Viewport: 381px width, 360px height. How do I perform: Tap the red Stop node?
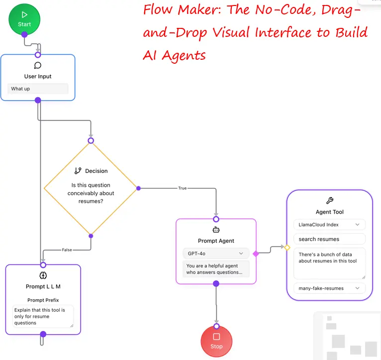click(x=216, y=341)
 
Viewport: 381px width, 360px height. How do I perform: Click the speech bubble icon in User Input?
click(x=38, y=65)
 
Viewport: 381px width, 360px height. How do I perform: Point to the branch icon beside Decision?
click(x=78, y=171)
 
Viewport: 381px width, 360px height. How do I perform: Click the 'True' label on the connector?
click(x=182, y=188)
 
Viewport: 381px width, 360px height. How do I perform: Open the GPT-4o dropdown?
click(x=215, y=253)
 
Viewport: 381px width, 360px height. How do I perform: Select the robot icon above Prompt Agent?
click(x=216, y=230)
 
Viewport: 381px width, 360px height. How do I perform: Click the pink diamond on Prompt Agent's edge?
click(x=256, y=253)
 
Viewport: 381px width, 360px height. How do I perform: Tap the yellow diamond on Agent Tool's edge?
click(x=287, y=247)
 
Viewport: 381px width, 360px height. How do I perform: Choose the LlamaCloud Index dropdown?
click(x=329, y=225)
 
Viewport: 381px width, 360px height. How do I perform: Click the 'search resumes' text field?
click(x=329, y=239)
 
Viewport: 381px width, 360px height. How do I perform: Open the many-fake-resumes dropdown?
click(x=329, y=288)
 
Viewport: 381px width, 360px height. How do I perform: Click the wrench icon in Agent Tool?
click(x=329, y=201)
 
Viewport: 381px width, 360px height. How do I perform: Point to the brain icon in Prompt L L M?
click(x=43, y=275)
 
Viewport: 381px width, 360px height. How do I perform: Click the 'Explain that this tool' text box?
click(x=43, y=317)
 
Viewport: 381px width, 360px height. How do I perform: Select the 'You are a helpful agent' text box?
click(x=215, y=269)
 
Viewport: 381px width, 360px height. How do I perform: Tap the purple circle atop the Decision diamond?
click(x=91, y=141)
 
